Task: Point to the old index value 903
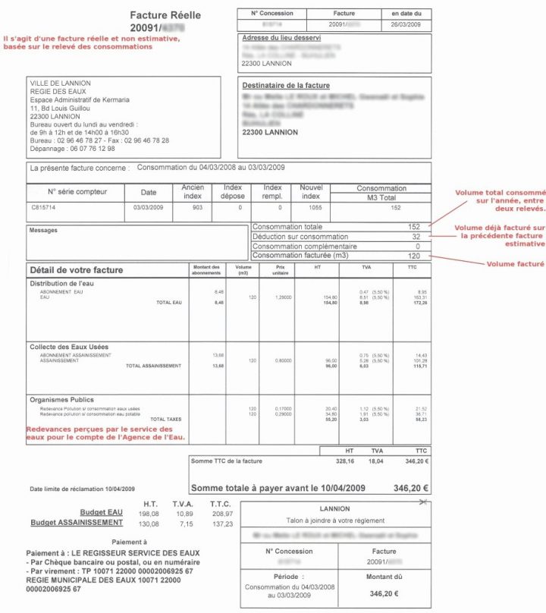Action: coord(197,206)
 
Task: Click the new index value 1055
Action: coord(311,206)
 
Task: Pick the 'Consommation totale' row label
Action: coord(287,227)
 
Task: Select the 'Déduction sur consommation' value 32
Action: coord(416,237)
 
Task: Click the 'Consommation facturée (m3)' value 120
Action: coord(413,256)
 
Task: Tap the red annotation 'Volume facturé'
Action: coord(515,264)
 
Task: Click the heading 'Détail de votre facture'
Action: coord(76,270)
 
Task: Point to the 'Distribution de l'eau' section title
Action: coord(61,284)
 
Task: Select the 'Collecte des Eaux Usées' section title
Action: coord(69,347)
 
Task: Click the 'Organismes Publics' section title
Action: coord(61,399)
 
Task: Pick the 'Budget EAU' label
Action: coord(101,513)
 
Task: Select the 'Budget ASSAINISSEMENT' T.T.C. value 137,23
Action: coord(221,523)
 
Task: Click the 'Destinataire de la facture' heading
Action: coord(286,86)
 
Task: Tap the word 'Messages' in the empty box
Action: coord(42,230)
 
